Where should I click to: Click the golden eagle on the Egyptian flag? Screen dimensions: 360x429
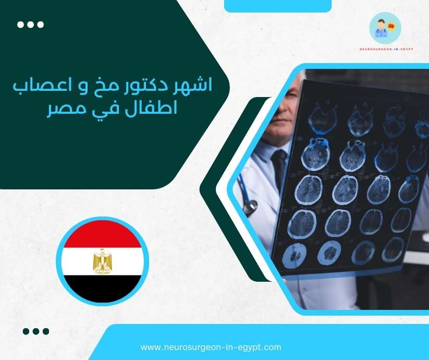103,261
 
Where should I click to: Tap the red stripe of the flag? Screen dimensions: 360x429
103,235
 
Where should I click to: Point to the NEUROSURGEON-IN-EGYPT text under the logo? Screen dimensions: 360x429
385,49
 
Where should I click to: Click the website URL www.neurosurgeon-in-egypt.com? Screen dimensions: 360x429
211,347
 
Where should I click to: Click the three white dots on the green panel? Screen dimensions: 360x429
30,25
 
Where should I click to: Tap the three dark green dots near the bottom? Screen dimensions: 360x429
36,331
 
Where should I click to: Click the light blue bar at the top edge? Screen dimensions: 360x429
277,5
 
